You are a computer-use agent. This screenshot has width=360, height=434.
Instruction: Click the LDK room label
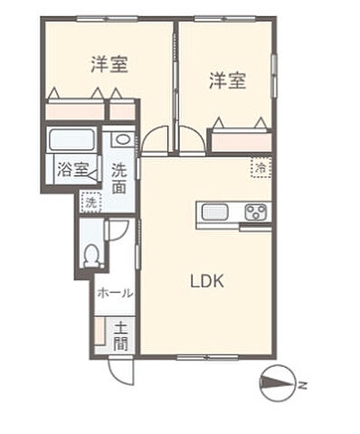pyautogui.click(x=206, y=281)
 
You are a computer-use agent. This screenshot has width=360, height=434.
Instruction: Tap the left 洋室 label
pyautogui.click(x=109, y=64)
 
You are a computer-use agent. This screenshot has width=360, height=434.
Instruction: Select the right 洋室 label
pyautogui.click(x=228, y=81)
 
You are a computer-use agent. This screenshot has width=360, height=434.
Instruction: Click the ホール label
pyautogui.click(x=116, y=293)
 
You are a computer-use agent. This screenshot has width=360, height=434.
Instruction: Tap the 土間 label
pyautogui.click(x=121, y=336)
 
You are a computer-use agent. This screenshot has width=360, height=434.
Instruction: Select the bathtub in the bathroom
pyautogui.click(x=72, y=140)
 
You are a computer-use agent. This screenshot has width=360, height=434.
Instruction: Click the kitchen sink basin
pyautogui.click(x=215, y=213)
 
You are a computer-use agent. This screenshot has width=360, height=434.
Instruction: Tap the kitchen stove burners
pyautogui.click(x=257, y=213)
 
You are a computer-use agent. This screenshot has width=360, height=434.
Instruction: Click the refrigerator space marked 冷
pyautogui.click(x=261, y=166)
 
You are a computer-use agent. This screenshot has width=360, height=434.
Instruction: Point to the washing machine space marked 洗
pyautogui.click(x=90, y=203)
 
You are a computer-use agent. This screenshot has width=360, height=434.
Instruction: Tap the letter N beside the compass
pyautogui.click(x=304, y=386)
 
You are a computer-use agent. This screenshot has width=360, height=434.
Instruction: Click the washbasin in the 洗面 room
pyautogui.click(x=122, y=140)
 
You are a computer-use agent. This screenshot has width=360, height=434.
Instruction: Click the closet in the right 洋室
pyautogui.click(x=241, y=141)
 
